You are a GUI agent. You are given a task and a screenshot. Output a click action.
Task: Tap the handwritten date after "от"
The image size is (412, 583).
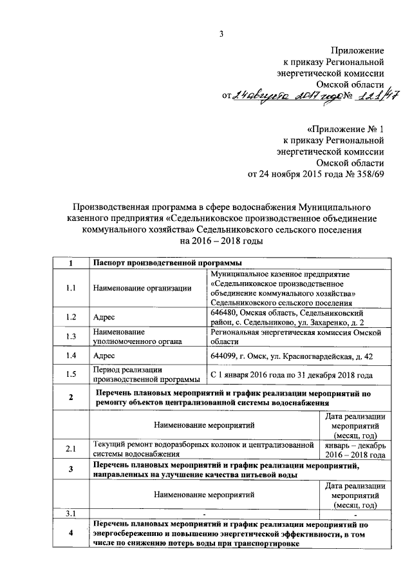pos(284,96)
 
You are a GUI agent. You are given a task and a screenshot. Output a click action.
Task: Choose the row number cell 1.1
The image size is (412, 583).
pos(71,287)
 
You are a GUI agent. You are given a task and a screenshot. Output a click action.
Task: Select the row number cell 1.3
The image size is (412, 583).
pos(71,336)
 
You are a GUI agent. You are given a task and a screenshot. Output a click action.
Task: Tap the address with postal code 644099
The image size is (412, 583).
pos(290,356)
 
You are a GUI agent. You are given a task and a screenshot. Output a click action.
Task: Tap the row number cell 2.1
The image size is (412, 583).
pos(71,449)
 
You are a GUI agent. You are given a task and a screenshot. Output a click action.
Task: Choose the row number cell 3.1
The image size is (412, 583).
pos(71,513)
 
